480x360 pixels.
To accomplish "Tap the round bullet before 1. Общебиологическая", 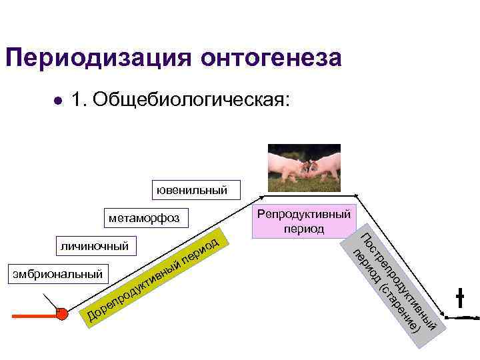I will [59, 100].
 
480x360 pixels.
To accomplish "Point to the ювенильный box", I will [191, 190].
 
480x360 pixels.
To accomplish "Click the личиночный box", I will [94, 246].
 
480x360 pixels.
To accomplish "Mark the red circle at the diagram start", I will [62, 314].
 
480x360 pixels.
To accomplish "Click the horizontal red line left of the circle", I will [33, 316].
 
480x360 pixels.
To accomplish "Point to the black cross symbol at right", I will [459, 298].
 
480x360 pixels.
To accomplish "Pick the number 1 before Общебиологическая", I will [76, 99].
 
